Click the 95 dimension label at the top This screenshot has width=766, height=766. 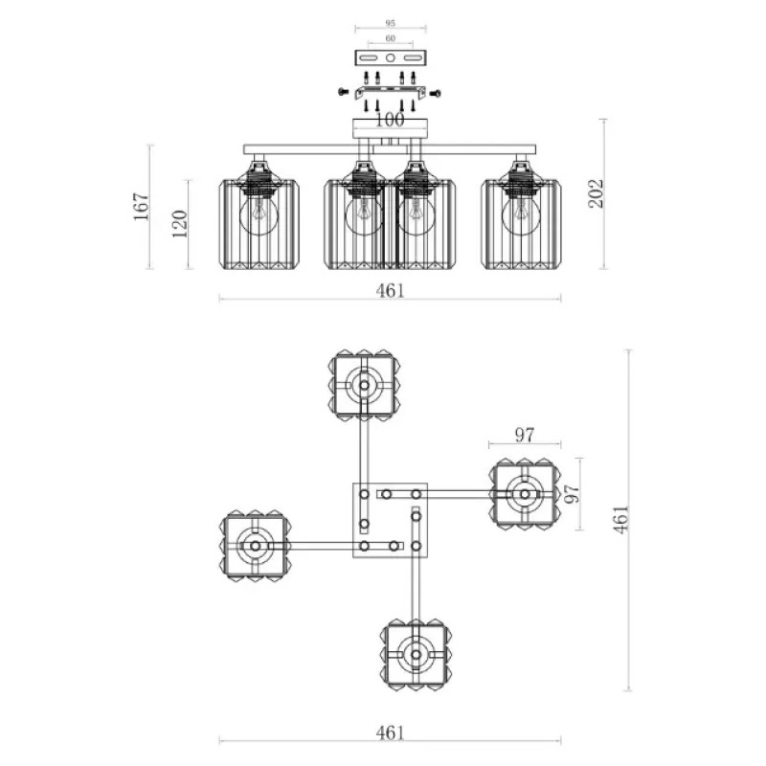[390, 23]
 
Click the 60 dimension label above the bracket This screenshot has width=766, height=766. [390, 38]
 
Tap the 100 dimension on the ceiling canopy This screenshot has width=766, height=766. [390, 120]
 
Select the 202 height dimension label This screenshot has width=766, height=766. [596, 193]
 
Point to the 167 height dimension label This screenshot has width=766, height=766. [141, 206]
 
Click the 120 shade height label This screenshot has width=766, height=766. [180, 224]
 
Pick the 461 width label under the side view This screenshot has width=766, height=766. [391, 291]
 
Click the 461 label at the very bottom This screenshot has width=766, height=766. [391, 732]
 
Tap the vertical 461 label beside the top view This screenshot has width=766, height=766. [620, 519]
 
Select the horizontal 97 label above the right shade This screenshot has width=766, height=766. [525, 435]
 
